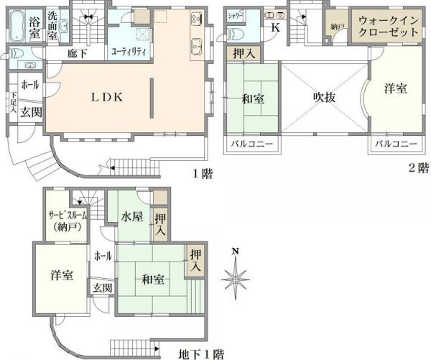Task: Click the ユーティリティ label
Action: coord(129,52)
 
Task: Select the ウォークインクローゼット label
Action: coord(386,27)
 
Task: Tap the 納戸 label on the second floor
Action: coord(337,27)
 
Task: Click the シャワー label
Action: coord(236,14)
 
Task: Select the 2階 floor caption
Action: coord(418,168)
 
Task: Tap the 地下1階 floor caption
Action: coord(201,354)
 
